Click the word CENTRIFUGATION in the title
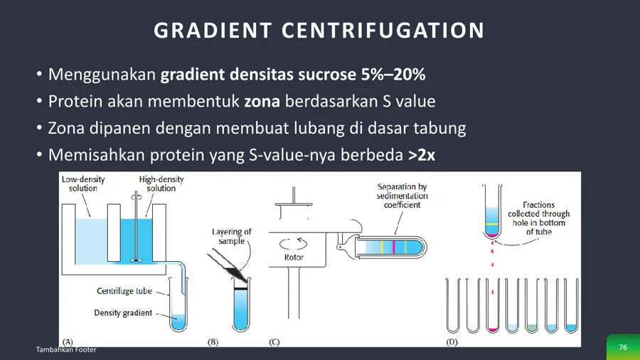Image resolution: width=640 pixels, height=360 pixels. (x=383, y=30)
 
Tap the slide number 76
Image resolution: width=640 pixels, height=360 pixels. (x=623, y=347)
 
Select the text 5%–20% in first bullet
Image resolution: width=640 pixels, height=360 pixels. (x=393, y=74)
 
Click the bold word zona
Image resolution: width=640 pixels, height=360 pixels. (x=262, y=101)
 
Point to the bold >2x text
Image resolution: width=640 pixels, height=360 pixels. (x=422, y=155)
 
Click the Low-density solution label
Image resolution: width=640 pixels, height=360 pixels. (x=83, y=184)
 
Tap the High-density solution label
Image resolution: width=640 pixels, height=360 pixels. (x=161, y=184)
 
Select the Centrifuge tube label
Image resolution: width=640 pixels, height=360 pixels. (x=124, y=291)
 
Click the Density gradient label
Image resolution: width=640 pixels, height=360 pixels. (x=123, y=312)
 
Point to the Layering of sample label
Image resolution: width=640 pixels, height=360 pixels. (x=231, y=236)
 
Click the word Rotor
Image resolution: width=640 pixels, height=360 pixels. (x=294, y=258)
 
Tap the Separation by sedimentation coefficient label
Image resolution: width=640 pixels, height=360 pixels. (x=402, y=196)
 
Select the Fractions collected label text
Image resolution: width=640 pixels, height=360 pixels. (x=539, y=218)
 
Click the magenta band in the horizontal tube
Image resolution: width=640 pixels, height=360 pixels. (x=394, y=248)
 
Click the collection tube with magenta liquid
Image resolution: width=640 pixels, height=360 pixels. (x=492, y=305)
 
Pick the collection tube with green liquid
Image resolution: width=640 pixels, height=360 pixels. (x=532, y=305)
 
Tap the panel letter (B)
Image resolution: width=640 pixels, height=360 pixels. (x=213, y=342)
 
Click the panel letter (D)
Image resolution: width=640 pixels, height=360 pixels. (x=452, y=342)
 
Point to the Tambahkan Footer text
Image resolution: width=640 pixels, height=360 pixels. (x=66, y=349)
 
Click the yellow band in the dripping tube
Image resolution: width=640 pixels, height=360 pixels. (x=492, y=225)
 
